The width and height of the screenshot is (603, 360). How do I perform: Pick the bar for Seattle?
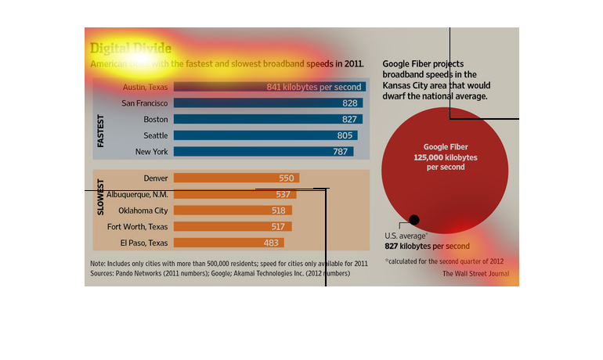point(265,135)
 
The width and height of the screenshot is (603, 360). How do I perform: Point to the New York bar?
point(263,151)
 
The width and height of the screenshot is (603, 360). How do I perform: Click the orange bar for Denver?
point(236,178)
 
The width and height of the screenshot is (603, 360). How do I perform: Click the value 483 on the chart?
point(271,243)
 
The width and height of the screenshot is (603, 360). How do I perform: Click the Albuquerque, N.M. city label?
point(137,194)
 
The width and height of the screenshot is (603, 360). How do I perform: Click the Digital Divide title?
point(131,49)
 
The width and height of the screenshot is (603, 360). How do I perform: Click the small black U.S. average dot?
point(414,220)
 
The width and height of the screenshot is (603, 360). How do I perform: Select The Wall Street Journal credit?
point(475,274)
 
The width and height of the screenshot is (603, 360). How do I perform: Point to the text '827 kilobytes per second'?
point(427,247)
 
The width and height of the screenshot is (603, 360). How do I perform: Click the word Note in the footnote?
point(98,263)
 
